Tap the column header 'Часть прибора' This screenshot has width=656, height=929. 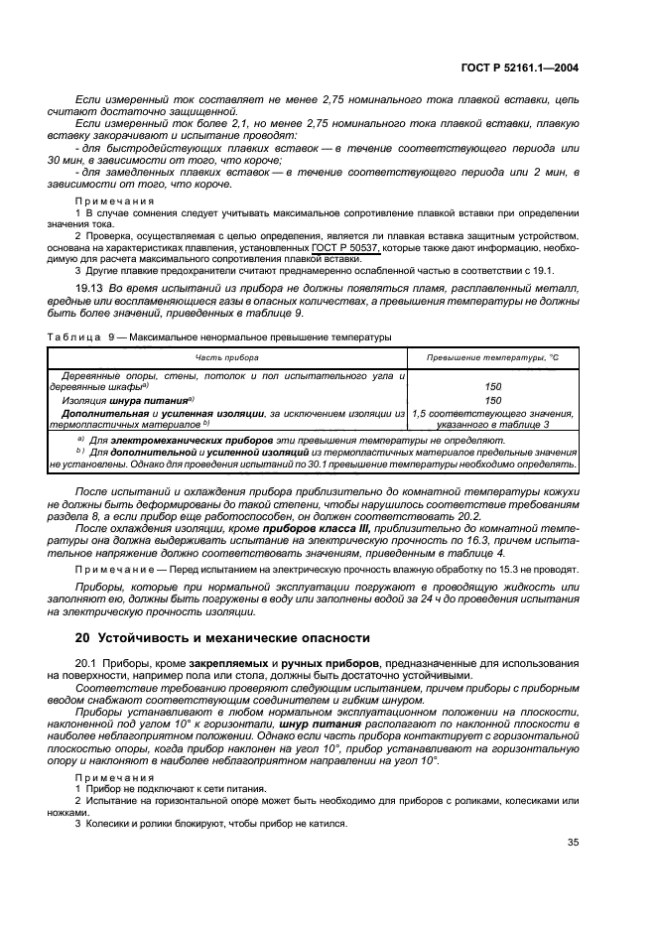pos(226,355)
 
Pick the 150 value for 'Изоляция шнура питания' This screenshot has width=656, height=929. pos(492,400)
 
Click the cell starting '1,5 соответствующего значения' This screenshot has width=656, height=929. pos(492,413)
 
